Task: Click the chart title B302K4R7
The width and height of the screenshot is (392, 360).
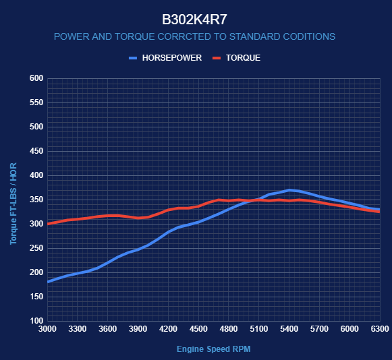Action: coord(194,20)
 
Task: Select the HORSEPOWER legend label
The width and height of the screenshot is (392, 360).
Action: coord(172,58)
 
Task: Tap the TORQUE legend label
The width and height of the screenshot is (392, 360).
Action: coord(244,58)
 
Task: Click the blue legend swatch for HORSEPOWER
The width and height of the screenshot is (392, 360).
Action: coord(133,58)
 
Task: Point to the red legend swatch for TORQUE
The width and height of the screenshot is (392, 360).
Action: coord(217,58)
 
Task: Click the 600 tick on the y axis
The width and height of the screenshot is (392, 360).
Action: coord(36,78)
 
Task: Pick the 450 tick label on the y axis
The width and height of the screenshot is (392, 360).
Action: coord(36,151)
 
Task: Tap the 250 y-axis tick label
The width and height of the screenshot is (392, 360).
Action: coord(36,248)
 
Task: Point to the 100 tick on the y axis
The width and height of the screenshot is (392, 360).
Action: coord(36,321)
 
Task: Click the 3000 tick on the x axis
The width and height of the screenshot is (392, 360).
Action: coord(47,329)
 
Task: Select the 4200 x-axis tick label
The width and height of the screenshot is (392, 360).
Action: coord(168,329)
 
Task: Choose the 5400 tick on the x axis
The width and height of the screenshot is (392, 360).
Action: coord(289,329)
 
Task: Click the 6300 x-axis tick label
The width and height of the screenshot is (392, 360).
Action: coord(380,329)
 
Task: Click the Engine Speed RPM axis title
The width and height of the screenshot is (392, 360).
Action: coord(214,349)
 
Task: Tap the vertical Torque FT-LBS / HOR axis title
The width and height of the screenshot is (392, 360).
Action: coord(13,204)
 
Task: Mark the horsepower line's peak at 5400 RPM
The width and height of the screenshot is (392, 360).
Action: coord(289,190)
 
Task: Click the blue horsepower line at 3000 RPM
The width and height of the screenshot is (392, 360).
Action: coord(48,282)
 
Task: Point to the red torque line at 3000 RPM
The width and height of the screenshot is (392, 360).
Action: coord(48,224)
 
